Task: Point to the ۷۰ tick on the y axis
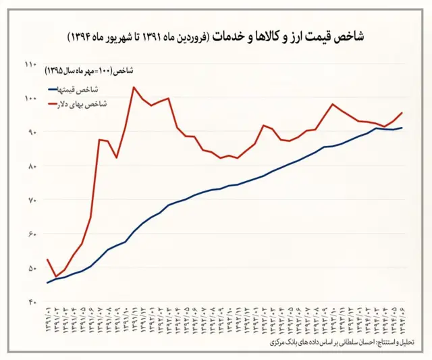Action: coord(30,200)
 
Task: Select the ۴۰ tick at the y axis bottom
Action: coord(30,302)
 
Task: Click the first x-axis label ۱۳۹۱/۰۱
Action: coord(48,320)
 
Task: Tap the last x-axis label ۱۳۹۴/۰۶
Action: coord(402,320)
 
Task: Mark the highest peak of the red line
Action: coord(134,87)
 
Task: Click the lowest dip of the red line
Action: coord(55,277)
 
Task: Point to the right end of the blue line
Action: coord(402,128)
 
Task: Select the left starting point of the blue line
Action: coord(47,282)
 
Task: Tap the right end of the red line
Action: coord(402,113)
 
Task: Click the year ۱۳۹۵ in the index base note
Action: coord(57,70)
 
